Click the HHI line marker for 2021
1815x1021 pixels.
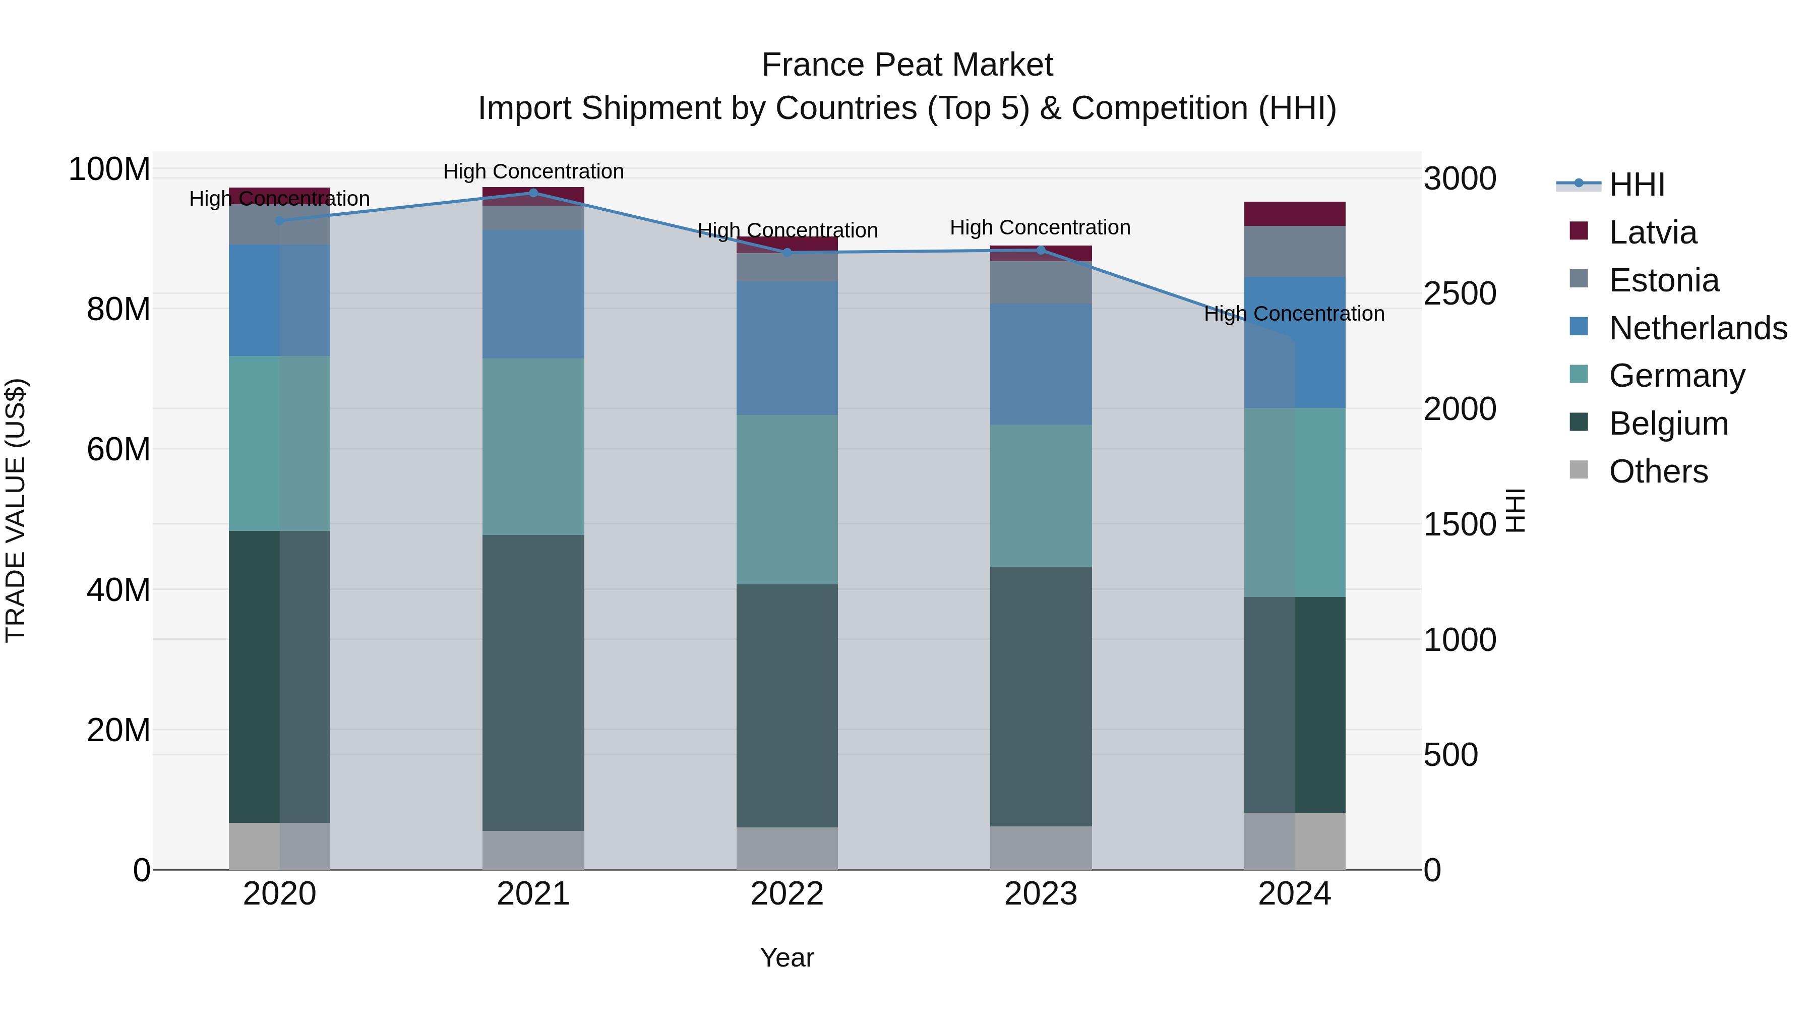(x=533, y=193)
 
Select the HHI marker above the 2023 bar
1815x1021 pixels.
(x=1041, y=250)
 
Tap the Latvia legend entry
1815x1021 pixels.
(x=1652, y=232)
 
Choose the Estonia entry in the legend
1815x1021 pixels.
(x=1664, y=280)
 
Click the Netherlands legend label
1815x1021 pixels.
(x=1698, y=328)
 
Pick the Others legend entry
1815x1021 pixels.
(x=1658, y=471)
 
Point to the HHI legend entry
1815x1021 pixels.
(x=1636, y=185)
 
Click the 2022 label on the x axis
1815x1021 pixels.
(x=787, y=894)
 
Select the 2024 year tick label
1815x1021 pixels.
(x=1294, y=894)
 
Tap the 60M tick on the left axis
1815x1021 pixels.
(x=118, y=449)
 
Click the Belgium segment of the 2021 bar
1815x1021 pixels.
(x=533, y=682)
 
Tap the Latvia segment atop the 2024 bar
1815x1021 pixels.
(x=1294, y=213)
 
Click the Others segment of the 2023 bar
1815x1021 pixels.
(x=1041, y=848)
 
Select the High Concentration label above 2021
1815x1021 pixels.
(x=533, y=171)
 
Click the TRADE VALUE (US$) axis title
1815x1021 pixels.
(x=16, y=510)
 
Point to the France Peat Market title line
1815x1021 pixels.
(x=907, y=65)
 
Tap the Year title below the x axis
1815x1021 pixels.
(x=787, y=957)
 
